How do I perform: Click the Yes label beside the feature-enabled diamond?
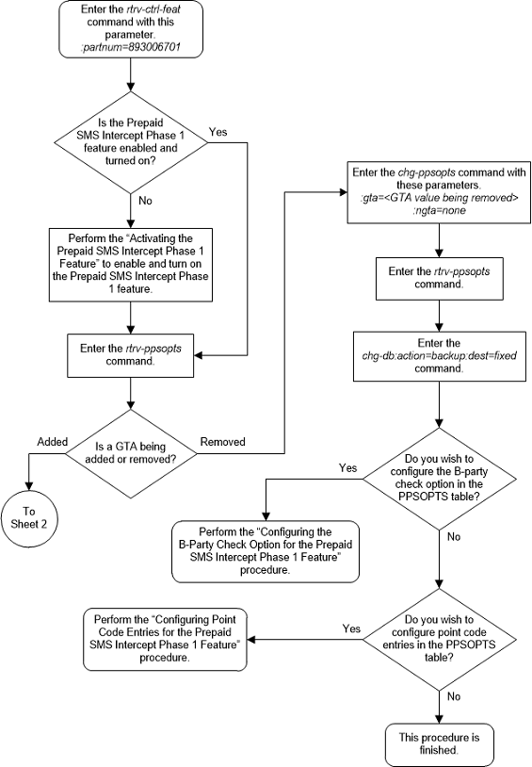click(x=217, y=133)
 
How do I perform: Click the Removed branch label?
click(x=222, y=440)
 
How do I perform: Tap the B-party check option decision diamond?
click(x=438, y=477)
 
